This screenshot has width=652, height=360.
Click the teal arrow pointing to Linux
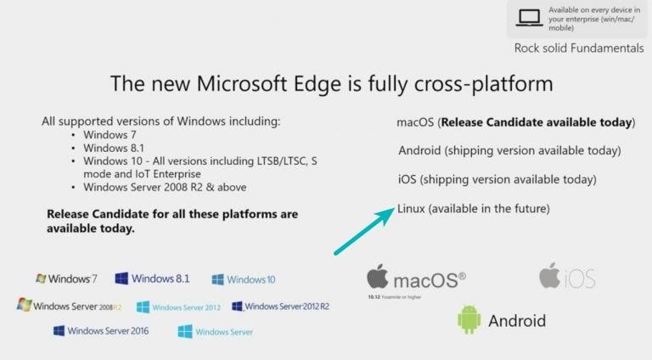[364, 231]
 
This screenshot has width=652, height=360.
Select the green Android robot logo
[469, 319]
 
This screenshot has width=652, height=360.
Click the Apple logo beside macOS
[378, 277]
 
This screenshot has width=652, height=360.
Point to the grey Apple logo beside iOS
[549, 275]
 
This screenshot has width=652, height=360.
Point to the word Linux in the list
[411, 208]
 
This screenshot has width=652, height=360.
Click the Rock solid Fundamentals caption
[578, 48]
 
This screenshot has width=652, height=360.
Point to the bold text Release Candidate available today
[538, 122]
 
